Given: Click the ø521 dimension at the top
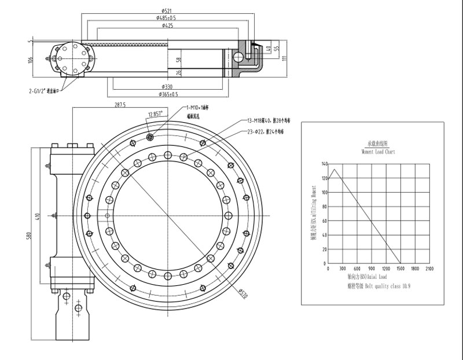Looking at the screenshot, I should (166, 10).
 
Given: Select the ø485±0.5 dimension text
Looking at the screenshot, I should (166, 18).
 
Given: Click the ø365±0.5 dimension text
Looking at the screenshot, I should (168, 94).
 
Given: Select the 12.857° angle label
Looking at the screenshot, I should (155, 113).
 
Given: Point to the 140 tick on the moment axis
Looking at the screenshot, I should (324, 164).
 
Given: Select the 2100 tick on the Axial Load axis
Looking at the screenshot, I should (429, 269).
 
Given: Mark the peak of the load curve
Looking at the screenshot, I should (334, 169).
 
